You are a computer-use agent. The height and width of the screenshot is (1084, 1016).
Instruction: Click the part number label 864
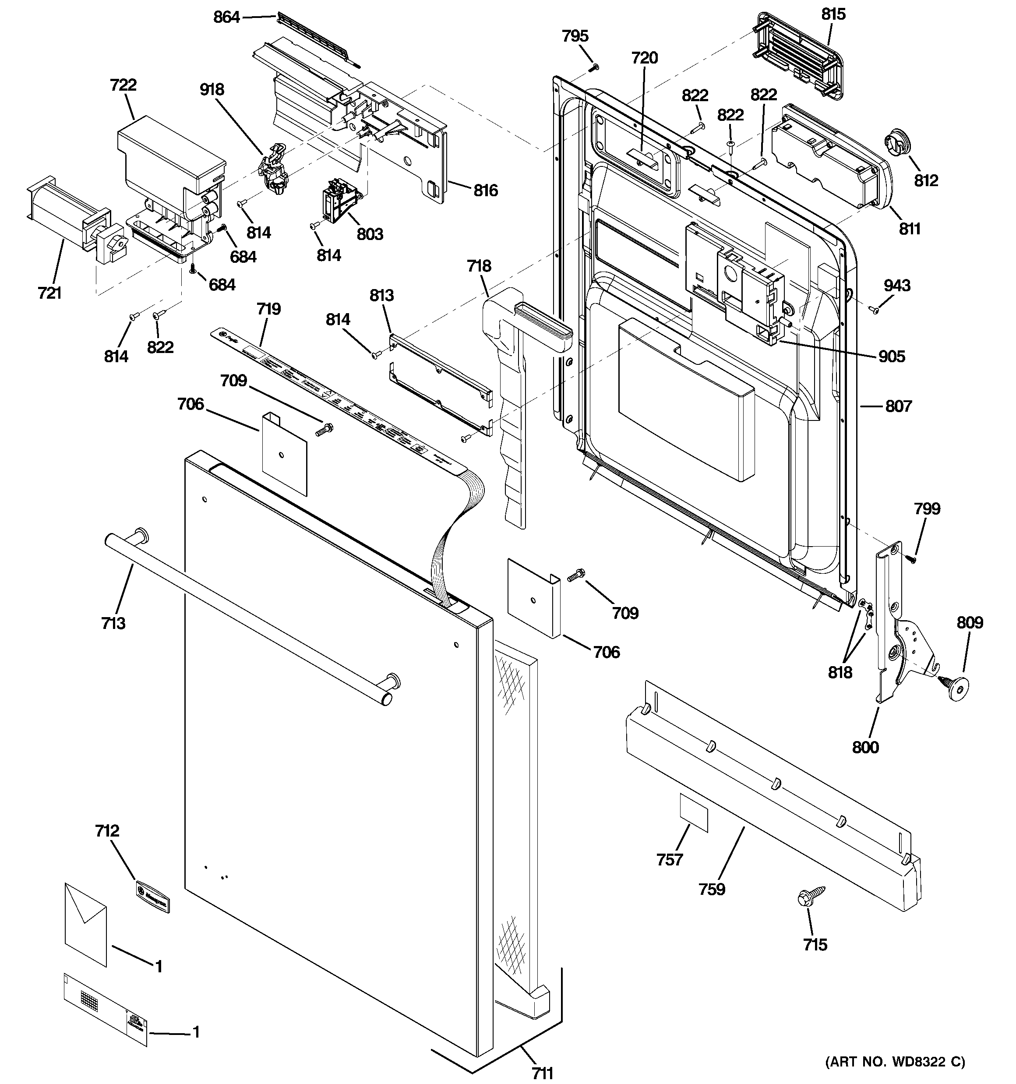coord(226,18)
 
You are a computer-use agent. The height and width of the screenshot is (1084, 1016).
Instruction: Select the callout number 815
coord(833,14)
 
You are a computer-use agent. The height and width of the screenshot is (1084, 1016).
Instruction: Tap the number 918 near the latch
coord(212,89)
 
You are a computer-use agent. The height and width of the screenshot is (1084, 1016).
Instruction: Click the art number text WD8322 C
coord(894,1062)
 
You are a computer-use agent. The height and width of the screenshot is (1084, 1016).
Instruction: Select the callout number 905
coord(892,357)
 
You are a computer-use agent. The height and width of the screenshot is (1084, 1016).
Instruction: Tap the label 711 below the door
coord(542,1073)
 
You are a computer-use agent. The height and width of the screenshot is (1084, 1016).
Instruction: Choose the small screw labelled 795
coord(596,67)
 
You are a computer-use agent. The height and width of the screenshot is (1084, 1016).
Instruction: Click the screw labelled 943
coord(874,310)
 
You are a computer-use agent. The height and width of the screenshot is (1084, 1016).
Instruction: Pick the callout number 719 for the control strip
coord(268,309)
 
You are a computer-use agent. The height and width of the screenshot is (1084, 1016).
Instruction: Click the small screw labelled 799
coord(911,558)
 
